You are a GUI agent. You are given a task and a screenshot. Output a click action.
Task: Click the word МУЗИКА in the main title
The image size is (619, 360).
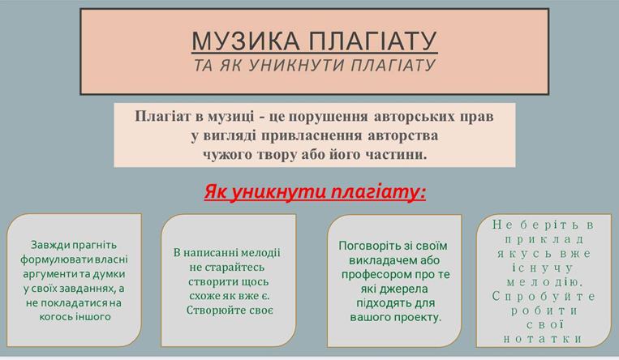246,41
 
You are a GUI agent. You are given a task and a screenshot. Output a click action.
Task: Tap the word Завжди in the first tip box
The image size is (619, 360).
50,246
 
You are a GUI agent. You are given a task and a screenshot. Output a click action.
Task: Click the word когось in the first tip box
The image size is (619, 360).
55,317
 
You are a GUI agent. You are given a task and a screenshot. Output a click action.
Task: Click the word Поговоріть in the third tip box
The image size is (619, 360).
368,246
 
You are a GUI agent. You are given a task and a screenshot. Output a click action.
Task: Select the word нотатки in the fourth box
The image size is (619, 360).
544,339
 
